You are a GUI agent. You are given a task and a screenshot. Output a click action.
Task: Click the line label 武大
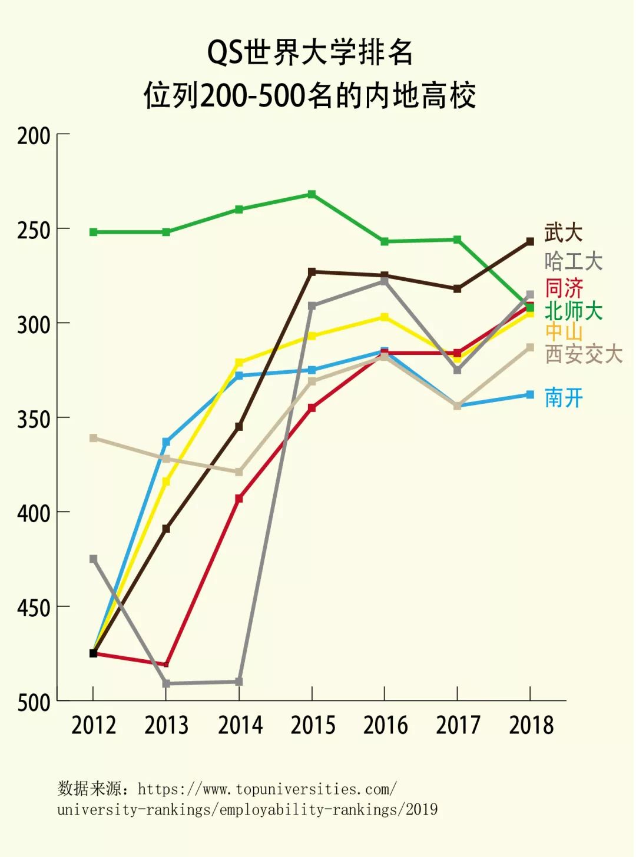click(x=563, y=232)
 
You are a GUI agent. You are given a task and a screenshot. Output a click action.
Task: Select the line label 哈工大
click(x=573, y=261)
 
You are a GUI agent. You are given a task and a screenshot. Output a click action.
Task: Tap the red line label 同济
click(x=563, y=288)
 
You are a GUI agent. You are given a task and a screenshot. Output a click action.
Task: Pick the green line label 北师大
click(x=573, y=310)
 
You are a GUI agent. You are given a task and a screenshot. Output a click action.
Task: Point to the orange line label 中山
click(x=563, y=331)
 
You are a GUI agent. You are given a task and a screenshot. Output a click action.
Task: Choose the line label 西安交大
click(x=583, y=354)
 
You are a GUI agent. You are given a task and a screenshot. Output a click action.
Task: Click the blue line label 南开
click(x=563, y=398)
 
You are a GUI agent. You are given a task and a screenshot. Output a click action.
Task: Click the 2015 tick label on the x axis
click(x=312, y=725)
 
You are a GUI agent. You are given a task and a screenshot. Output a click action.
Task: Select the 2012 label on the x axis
click(x=94, y=725)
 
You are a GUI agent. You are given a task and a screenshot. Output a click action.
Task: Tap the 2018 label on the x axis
click(x=531, y=725)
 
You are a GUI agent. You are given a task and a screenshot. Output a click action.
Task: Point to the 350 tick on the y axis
click(x=34, y=419)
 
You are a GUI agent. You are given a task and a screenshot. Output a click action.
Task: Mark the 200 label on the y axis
click(x=34, y=136)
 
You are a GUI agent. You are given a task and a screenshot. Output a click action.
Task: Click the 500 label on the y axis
click(x=34, y=702)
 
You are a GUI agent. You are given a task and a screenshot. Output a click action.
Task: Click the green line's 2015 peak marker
click(x=312, y=194)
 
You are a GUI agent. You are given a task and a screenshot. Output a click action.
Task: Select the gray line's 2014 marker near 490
click(x=239, y=682)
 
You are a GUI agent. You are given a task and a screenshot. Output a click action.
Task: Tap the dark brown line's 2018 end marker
click(x=530, y=241)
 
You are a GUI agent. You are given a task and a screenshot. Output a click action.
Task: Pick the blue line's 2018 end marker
click(x=530, y=394)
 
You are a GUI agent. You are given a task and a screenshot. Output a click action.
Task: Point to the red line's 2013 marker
click(x=166, y=664)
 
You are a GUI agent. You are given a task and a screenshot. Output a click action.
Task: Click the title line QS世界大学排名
click(x=310, y=53)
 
